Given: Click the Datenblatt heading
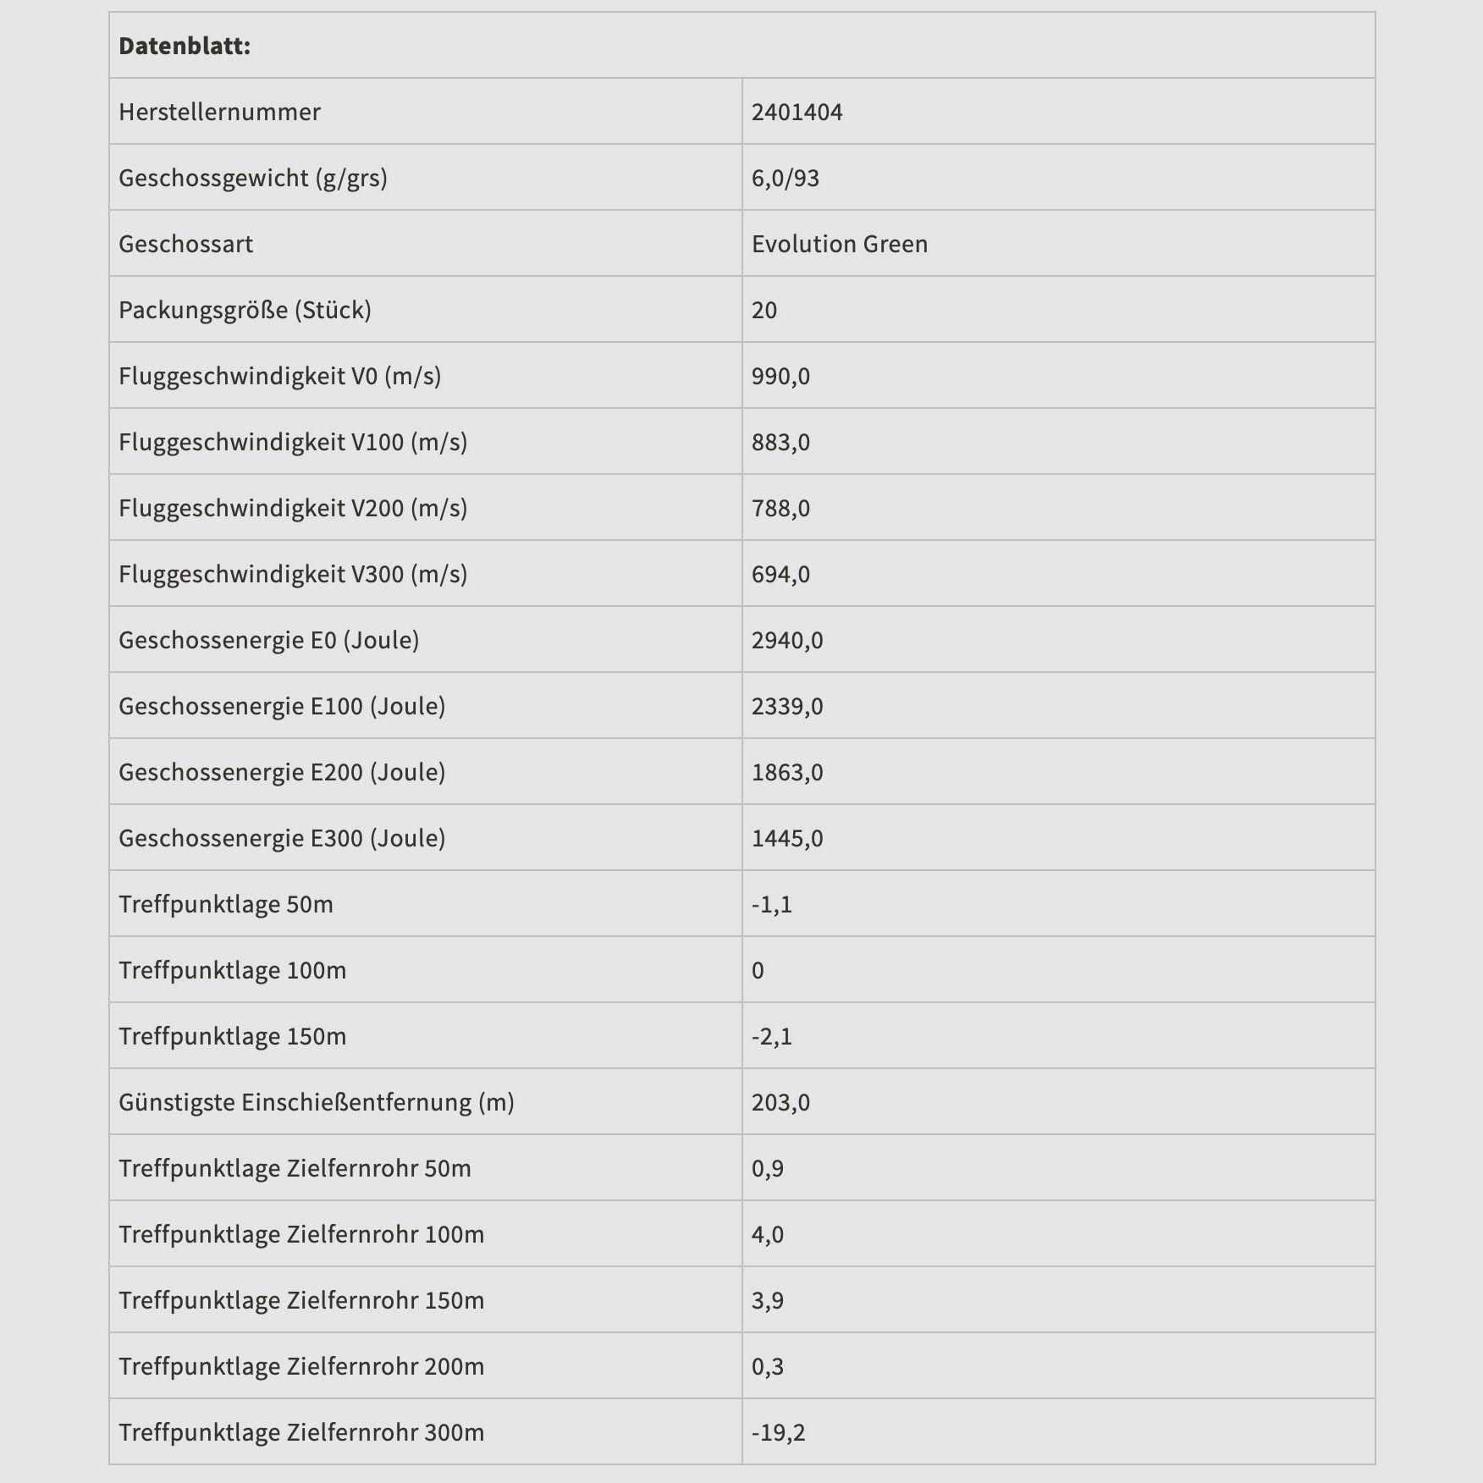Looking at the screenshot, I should (185, 46).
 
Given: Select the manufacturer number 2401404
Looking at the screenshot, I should (797, 112).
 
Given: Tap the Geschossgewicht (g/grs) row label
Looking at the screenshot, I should (253, 178).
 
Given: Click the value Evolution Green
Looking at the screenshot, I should (839, 244).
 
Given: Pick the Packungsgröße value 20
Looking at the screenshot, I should (764, 310).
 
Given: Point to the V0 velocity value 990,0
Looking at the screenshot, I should (780, 376).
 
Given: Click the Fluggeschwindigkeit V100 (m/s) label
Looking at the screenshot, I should (293, 442).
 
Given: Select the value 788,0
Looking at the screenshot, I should (780, 508).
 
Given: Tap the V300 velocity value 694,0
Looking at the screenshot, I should (780, 574).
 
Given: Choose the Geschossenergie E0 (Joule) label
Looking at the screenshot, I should (269, 640).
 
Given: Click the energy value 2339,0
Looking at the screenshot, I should (787, 706).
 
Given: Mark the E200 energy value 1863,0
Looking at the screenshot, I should (787, 772).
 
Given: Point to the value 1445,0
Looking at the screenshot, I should (787, 838).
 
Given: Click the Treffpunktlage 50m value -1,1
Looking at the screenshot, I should (772, 904).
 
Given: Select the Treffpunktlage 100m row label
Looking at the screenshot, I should (233, 970).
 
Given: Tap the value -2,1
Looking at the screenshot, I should (772, 1036).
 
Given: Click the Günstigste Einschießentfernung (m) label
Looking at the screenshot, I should (317, 1102).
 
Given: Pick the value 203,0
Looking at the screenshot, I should (780, 1102).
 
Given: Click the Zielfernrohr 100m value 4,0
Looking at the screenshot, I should (768, 1234).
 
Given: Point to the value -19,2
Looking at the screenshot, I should (779, 1432).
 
